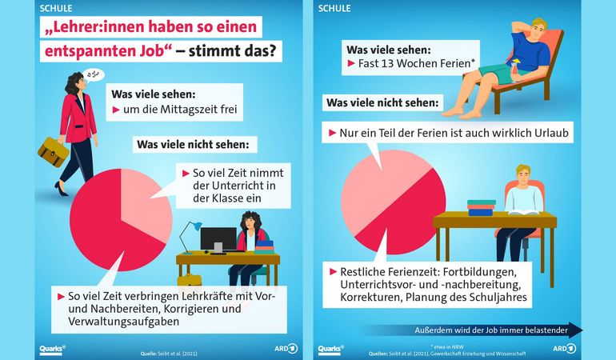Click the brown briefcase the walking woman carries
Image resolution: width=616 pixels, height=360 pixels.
coord(53,151)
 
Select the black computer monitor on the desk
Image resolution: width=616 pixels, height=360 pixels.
coord(218,239)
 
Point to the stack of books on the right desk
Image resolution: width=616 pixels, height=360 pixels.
coord(481,208)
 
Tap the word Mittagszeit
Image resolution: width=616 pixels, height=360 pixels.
coord(188,108)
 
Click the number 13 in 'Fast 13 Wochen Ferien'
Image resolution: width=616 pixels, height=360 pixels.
coord(387,62)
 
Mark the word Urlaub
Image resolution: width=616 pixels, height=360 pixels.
coord(543,133)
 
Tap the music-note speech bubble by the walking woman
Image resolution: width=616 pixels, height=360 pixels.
coord(92,76)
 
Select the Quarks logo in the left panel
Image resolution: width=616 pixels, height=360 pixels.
coord(52,348)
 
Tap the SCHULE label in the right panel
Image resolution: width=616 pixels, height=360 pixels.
coord(334,9)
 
